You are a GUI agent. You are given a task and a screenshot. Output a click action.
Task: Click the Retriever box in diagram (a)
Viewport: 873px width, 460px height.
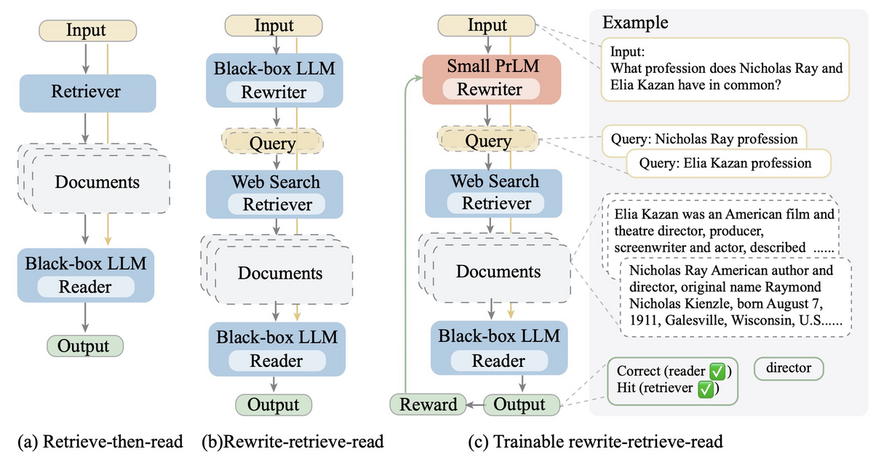tap(88, 93)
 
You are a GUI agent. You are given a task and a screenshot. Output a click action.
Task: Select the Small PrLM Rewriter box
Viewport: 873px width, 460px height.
tap(492, 79)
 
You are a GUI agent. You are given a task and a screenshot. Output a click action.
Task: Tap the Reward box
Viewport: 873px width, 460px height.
tap(428, 404)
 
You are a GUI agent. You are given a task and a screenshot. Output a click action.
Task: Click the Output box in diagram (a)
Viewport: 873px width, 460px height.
tap(85, 346)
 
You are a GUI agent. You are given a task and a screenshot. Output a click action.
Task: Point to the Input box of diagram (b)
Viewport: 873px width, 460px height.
tap(274, 25)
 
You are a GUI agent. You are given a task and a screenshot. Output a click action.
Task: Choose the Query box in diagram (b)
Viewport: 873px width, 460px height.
tap(272, 141)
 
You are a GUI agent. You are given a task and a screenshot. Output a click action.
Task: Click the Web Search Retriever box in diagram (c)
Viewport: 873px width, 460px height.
tap(493, 193)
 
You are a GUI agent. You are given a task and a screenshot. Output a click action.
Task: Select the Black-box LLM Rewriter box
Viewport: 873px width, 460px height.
tap(274, 80)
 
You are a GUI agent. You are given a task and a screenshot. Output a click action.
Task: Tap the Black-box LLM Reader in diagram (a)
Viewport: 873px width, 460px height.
tap(86, 275)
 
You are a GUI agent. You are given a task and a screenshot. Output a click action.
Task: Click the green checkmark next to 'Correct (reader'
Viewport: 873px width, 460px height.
tap(717, 371)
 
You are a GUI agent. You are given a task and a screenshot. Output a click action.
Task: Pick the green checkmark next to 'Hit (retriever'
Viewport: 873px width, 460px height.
tap(706, 389)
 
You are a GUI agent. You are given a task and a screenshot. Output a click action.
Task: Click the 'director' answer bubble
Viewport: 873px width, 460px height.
tap(789, 368)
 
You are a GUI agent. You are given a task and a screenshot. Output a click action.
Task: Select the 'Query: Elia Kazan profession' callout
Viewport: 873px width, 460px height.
tap(728, 163)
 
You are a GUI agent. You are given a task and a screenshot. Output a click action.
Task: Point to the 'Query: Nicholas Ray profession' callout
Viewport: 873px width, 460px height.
tap(704, 139)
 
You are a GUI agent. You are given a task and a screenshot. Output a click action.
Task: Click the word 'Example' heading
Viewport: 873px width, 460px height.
tap(635, 23)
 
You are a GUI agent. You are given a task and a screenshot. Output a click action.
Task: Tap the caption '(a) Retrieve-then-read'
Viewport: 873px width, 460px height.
tap(100, 442)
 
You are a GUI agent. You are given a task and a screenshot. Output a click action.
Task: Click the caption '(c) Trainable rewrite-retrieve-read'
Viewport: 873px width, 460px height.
tap(596, 442)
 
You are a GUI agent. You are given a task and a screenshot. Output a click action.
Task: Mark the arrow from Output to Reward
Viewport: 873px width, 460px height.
tap(475, 405)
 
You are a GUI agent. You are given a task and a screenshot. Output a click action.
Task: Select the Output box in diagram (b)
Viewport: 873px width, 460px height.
tap(274, 405)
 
